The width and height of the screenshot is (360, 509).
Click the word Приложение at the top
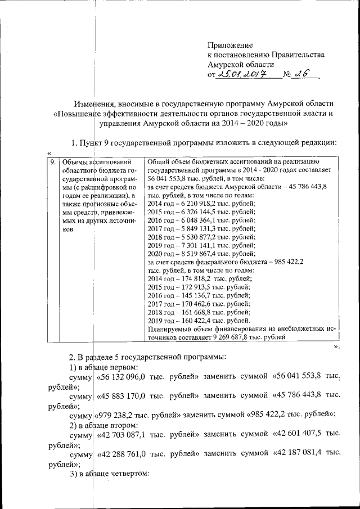point(230,45)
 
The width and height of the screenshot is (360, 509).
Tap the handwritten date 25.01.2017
point(242,75)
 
